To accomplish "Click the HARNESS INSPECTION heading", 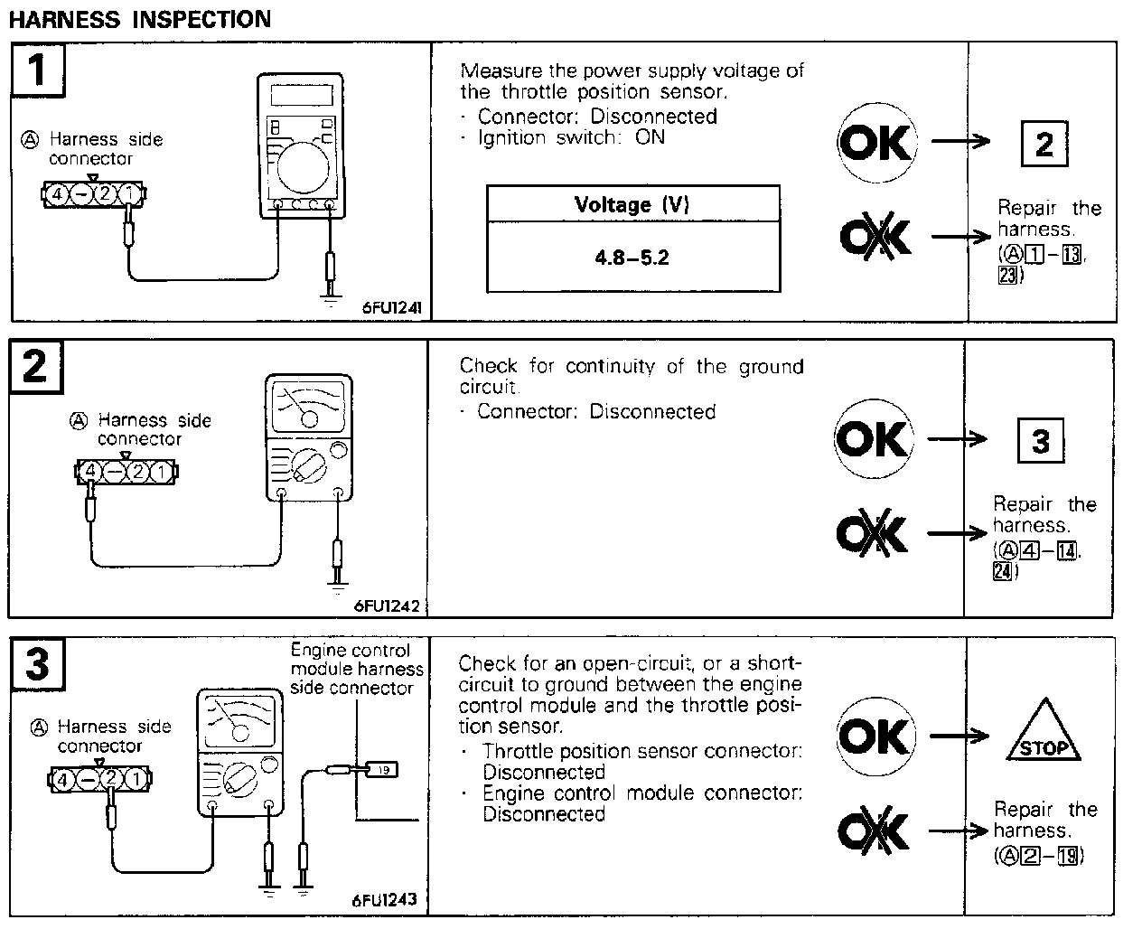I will coord(139,20).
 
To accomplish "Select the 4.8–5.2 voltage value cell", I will coord(632,258).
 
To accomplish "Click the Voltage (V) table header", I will coord(632,204).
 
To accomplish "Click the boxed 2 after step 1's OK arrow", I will coord(1044,144).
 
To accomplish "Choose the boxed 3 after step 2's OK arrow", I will coord(1041,441).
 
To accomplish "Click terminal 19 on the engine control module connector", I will coord(383,770).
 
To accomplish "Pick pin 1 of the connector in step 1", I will coord(130,193).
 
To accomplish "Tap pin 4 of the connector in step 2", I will coord(90,471).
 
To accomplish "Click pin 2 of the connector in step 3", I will coord(110,778).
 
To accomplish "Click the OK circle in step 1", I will coord(875,143).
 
